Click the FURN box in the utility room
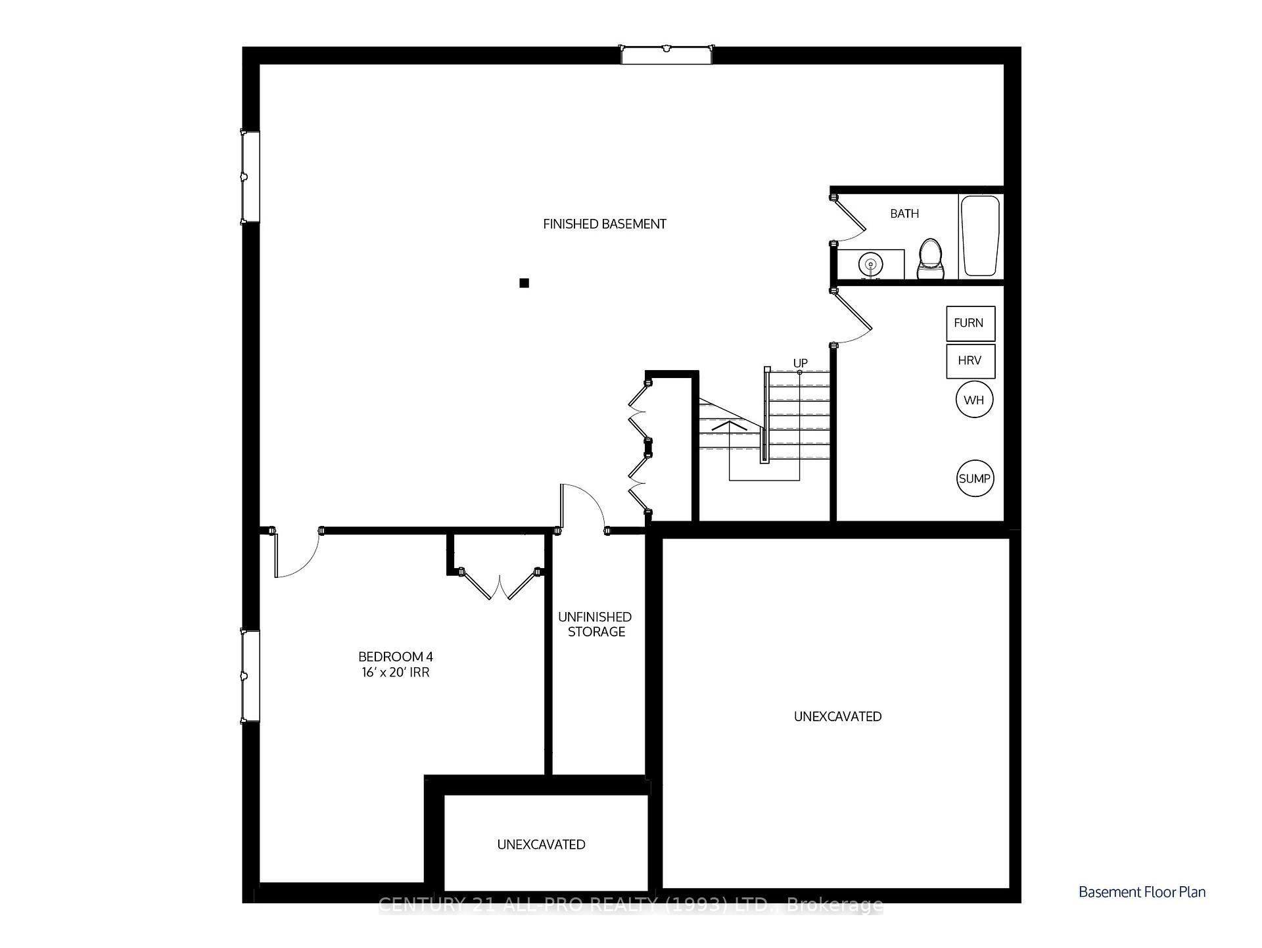tap(970, 323)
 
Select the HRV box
tap(970, 361)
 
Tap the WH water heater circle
tap(974, 400)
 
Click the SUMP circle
tap(975, 479)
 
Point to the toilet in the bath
tap(930, 259)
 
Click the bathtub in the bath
tap(980, 235)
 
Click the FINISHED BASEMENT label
tap(604, 224)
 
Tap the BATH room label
tap(904, 214)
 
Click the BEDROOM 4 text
tap(395, 656)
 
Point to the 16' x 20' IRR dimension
tap(395, 673)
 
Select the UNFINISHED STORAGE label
tap(596, 625)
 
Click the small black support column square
tap(524, 283)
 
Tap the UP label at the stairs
tap(800, 364)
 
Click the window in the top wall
tap(666, 55)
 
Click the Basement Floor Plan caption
tap(1142, 892)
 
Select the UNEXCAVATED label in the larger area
tap(837, 717)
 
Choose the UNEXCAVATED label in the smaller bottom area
tap(541, 845)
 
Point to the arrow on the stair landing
tap(730, 426)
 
